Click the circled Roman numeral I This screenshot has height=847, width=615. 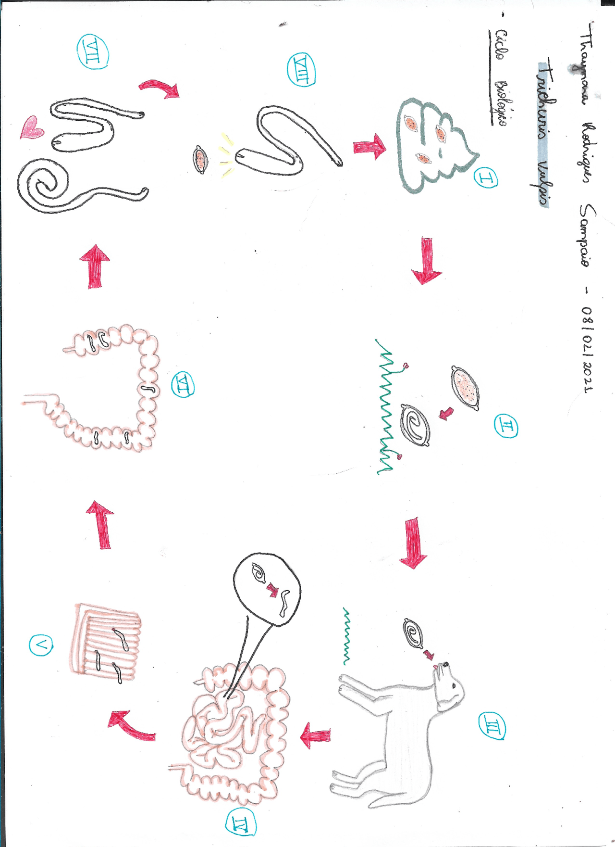tap(486, 178)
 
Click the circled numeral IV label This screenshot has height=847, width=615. tap(241, 824)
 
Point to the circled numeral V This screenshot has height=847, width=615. tap(41, 645)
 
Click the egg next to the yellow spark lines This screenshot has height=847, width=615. tap(200, 159)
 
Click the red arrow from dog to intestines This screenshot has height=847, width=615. tap(315, 736)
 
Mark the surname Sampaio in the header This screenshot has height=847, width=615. tap(587, 235)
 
